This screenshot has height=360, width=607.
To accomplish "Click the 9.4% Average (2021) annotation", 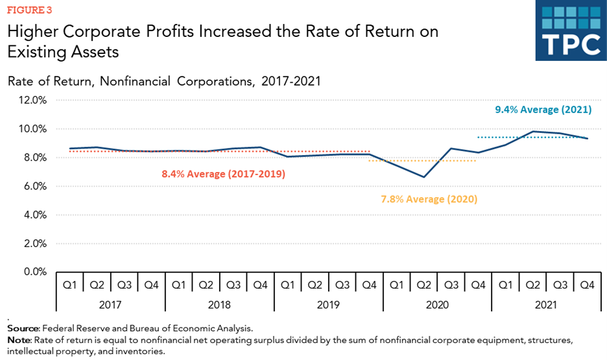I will [x=543, y=110].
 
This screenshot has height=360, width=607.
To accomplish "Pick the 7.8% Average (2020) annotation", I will [x=429, y=199].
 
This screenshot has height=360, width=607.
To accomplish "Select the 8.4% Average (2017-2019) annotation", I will [x=223, y=174].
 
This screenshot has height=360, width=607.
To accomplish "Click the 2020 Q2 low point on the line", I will [x=423, y=177].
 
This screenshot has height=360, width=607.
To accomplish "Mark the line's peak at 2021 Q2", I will [x=532, y=132].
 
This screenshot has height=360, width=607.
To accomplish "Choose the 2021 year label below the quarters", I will [x=545, y=303].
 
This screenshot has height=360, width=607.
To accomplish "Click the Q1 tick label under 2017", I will [x=69, y=284].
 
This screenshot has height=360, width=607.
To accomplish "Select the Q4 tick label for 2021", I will [x=586, y=284].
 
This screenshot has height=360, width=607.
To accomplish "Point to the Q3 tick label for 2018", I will [x=233, y=284].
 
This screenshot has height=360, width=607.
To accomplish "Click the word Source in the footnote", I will [x=23, y=330].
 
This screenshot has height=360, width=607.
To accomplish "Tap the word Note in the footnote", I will [x=19, y=340].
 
